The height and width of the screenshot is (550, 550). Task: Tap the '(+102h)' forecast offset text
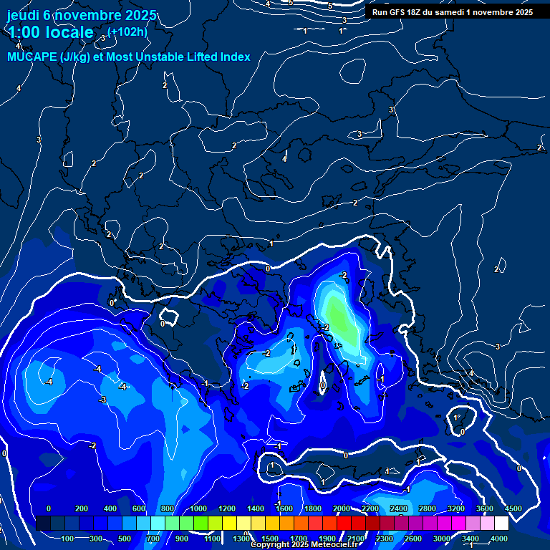tap(127, 32)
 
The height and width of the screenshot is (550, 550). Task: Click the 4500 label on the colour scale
tap(513, 508)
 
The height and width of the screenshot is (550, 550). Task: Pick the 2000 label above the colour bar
tap(342, 508)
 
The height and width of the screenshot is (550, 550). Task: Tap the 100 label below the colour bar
tap(68, 539)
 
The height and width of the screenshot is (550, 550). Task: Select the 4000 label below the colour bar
tap(499, 539)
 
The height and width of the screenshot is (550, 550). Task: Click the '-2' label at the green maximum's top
tap(343, 276)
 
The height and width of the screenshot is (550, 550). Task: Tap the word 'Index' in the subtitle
tap(235, 57)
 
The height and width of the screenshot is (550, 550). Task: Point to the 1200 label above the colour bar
tap(227, 508)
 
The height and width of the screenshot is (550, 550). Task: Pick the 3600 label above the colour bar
tap(485, 508)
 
